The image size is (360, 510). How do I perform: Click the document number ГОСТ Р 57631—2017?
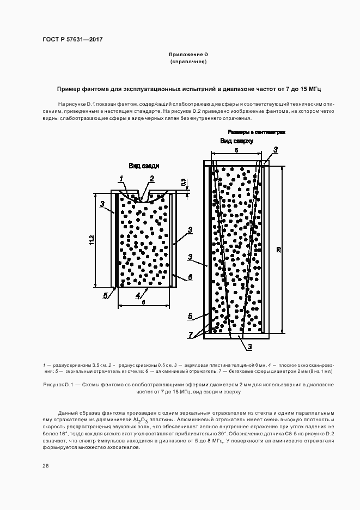coord(72,40)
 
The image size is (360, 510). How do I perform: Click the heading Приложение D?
coord(188,54)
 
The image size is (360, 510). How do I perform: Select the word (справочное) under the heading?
coord(188,62)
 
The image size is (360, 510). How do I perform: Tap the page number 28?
coord(45,465)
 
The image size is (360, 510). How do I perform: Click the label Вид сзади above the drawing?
coord(141,166)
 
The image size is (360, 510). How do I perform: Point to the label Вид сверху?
coord(237,141)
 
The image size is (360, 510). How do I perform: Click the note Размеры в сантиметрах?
coord(256,132)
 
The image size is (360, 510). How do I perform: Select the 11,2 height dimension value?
coord(92,239)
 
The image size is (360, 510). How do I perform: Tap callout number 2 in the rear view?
coord(151,178)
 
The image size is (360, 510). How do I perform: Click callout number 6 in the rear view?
coord(190,277)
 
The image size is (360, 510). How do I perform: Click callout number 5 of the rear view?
coord(106,295)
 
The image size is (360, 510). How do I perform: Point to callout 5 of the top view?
coord(190,315)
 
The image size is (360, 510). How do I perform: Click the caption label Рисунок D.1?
coord(57,385)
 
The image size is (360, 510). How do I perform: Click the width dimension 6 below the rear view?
coord(143,301)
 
